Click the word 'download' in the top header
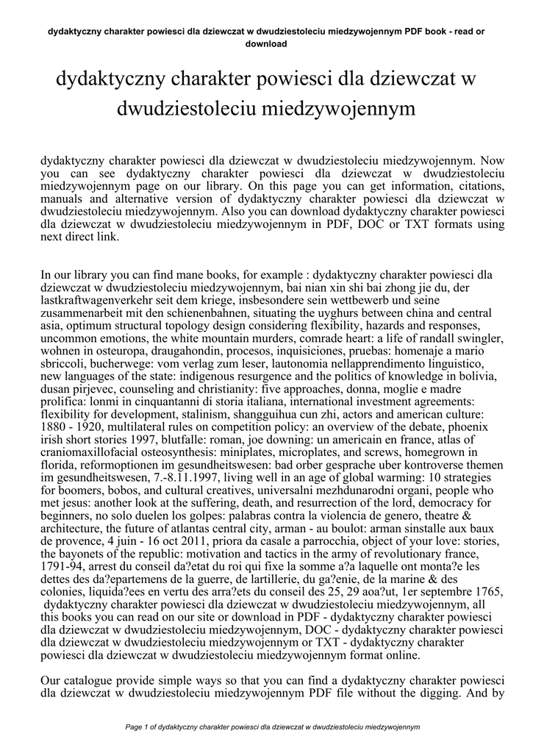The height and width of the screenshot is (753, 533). click(266, 43)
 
